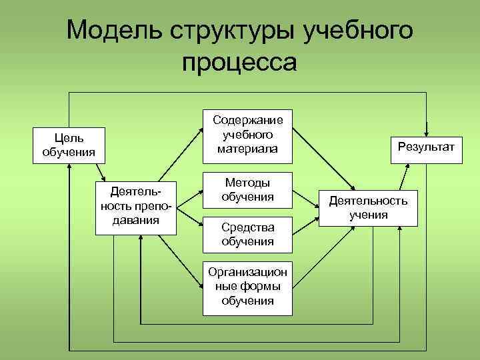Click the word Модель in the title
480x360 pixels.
click(114, 31)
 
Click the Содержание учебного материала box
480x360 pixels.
click(247, 134)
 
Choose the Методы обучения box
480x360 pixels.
click(247, 189)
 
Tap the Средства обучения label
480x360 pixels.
click(247, 235)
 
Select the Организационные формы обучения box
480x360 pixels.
click(247, 286)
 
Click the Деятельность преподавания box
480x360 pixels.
click(136, 206)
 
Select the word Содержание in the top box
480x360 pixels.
click(247, 120)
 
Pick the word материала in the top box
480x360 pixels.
click(247, 148)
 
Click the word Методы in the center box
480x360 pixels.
click(247, 183)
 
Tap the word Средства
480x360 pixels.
click(247, 228)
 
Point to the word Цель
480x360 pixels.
click(69, 138)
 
